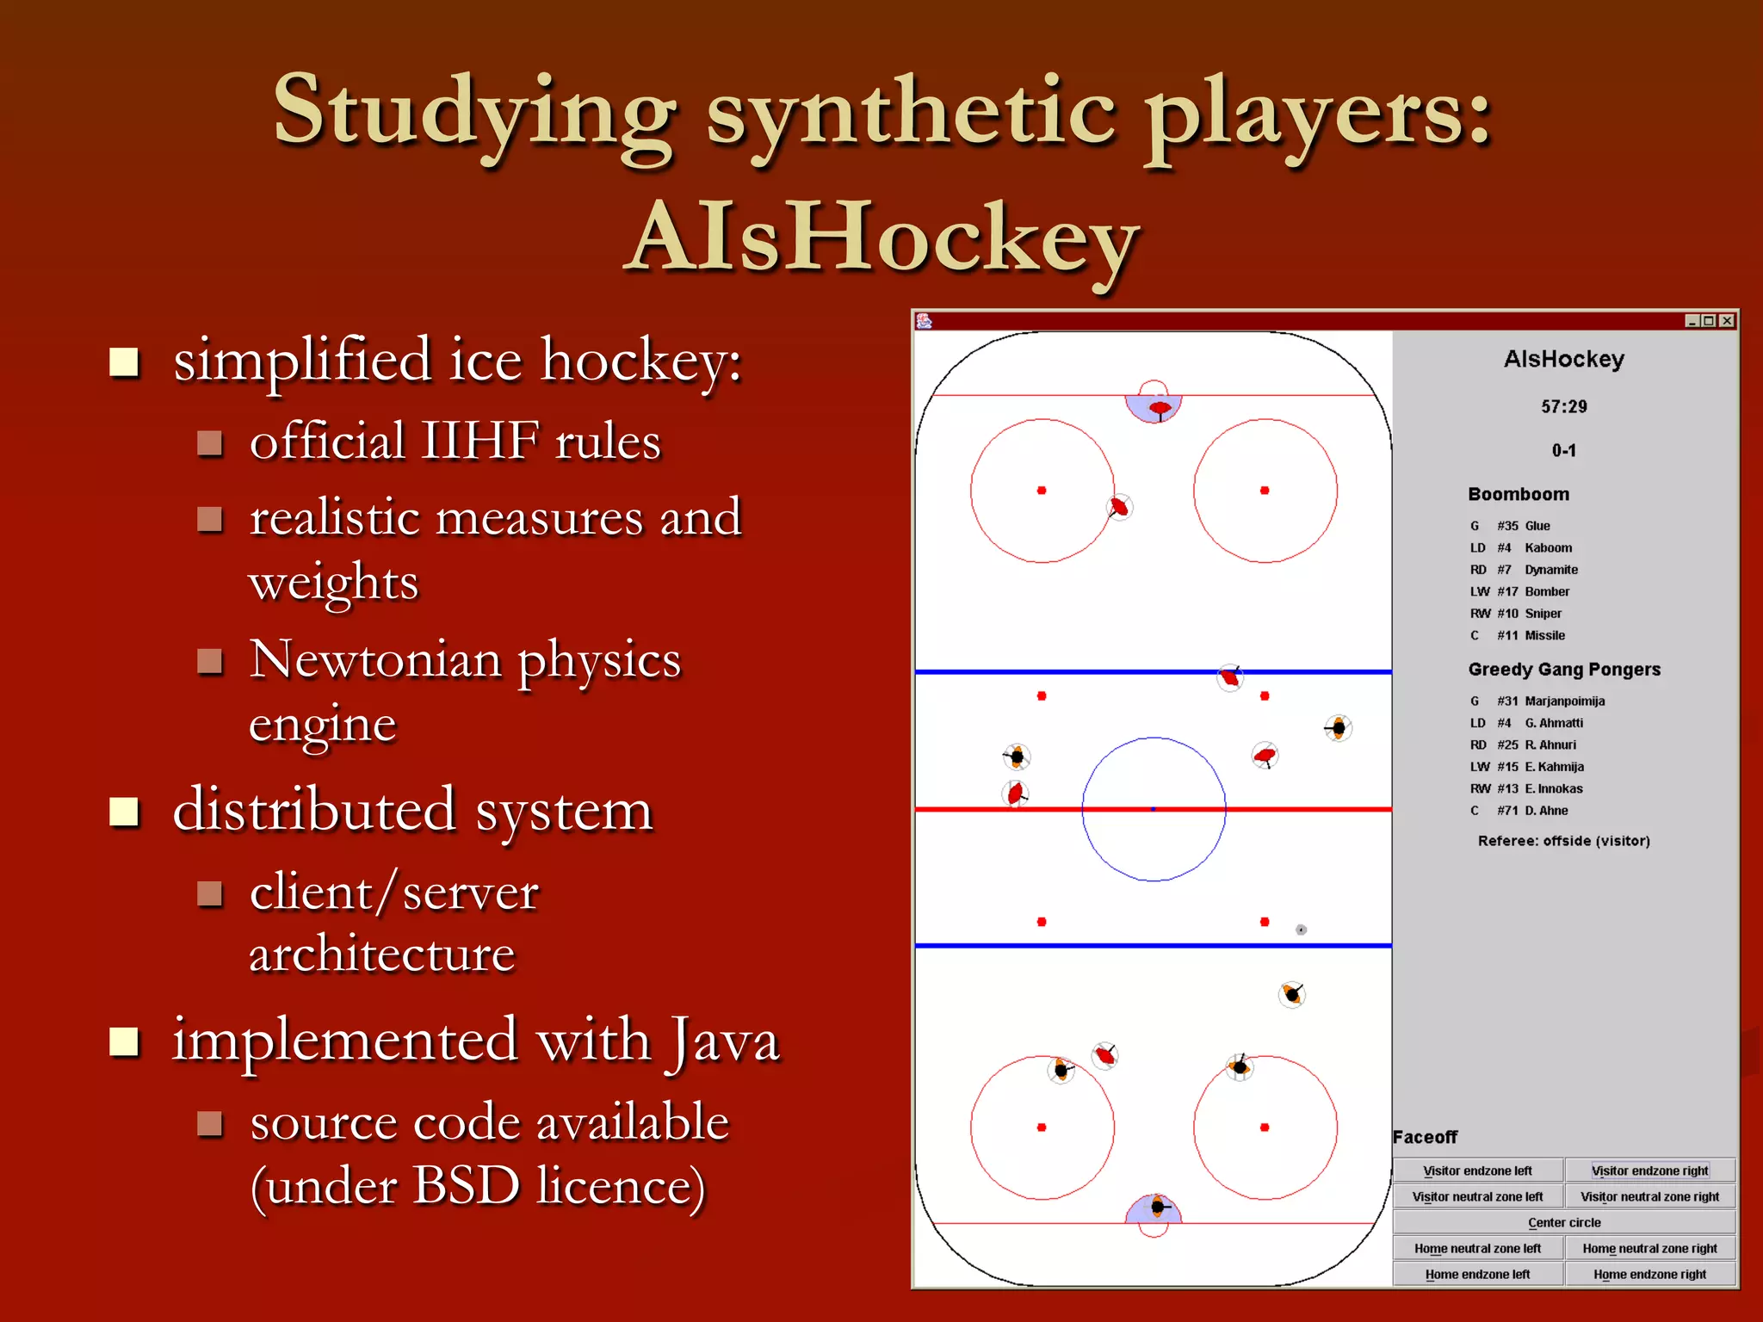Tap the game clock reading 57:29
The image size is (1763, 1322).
1563,406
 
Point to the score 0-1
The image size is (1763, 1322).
1563,450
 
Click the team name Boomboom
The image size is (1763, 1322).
1519,494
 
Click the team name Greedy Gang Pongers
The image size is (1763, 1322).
1563,670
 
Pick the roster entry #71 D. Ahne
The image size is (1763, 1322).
1531,811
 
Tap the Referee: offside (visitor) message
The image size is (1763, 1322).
1563,841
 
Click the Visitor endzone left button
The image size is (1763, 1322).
1477,1171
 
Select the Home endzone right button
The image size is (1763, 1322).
1649,1274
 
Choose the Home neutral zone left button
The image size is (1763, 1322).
1477,1248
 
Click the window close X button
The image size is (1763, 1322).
1726,321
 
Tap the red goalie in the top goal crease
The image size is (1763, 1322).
1160,408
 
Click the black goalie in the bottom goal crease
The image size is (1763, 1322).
1158,1207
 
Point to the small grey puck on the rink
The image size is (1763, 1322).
1301,930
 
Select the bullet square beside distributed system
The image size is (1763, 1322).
125,811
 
